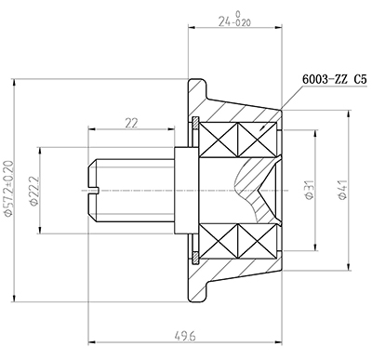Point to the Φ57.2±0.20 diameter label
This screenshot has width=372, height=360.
[x=9, y=190]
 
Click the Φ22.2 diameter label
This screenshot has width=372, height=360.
[x=34, y=192]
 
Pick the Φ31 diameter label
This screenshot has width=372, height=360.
[x=306, y=190]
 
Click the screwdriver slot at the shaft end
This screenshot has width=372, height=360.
[x=93, y=190]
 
